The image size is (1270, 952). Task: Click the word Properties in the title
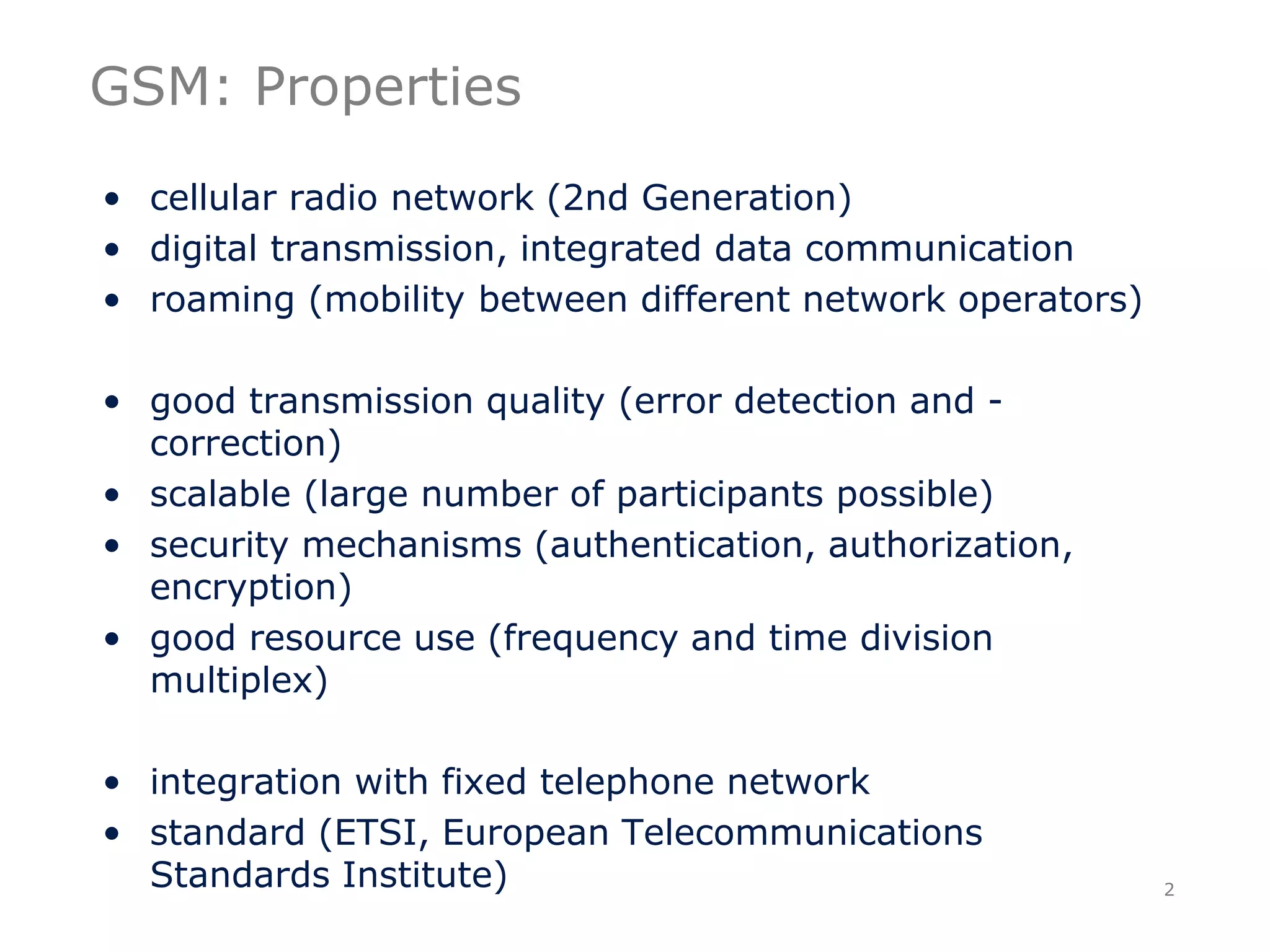tap(388, 88)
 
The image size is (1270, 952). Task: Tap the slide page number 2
tap(1169, 889)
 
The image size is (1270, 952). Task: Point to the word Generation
tap(740, 198)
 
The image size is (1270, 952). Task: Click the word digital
tap(203, 250)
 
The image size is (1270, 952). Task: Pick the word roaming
tap(222, 301)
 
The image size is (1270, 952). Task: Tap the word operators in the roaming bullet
tap(1043, 301)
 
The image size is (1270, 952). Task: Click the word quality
tap(544, 402)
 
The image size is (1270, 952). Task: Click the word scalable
tap(220, 495)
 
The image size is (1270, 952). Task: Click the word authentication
tap(676, 545)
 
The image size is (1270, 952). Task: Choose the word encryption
tap(244, 588)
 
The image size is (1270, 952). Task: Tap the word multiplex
tap(232, 681)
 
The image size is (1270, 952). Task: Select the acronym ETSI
tap(376, 832)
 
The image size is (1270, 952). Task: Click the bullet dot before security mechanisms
tap(112, 545)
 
